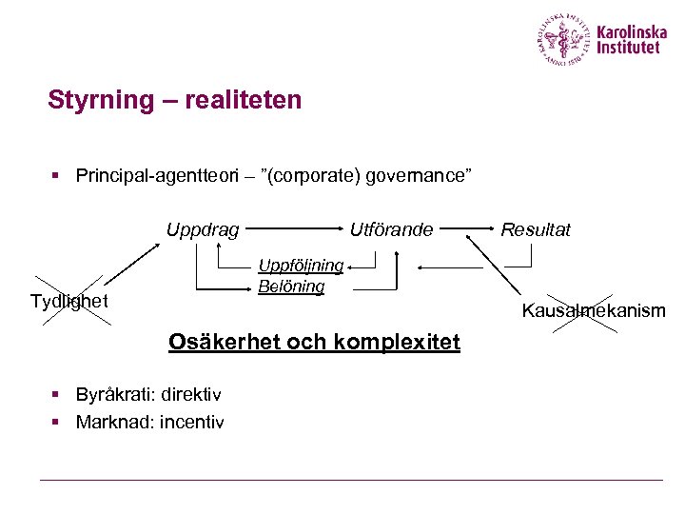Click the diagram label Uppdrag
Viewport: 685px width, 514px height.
[x=203, y=229]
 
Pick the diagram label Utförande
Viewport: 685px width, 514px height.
[x=391, y=229]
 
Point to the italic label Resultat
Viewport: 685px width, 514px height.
[x=536, y=229]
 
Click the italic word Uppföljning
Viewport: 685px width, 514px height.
[x=301, y=266]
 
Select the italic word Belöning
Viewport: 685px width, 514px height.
[x=291, y=286]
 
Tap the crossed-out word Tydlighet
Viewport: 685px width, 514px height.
[x=68, y=302]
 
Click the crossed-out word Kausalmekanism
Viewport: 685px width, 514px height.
[x=593, y=310]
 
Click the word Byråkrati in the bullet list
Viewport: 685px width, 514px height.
[x=114, y=395]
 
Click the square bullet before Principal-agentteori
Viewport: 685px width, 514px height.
[x=56, y=175]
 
